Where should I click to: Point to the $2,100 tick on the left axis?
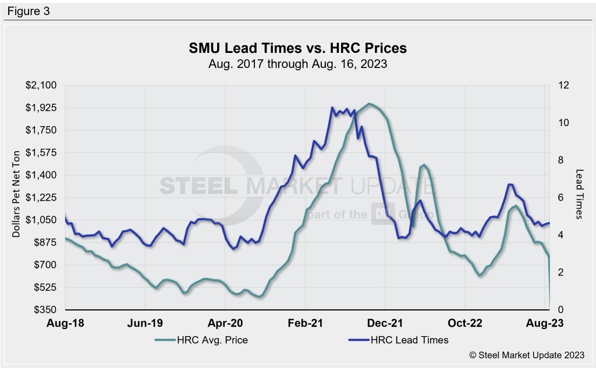pos(41,85)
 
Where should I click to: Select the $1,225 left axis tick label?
pos(41,198)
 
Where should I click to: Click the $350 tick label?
pos(44,310)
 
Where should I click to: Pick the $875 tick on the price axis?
pos(44,242)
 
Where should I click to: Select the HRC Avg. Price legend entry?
pos(201,340)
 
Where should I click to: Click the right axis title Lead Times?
pos(579,194)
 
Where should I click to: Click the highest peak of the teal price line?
pos(369,104)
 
